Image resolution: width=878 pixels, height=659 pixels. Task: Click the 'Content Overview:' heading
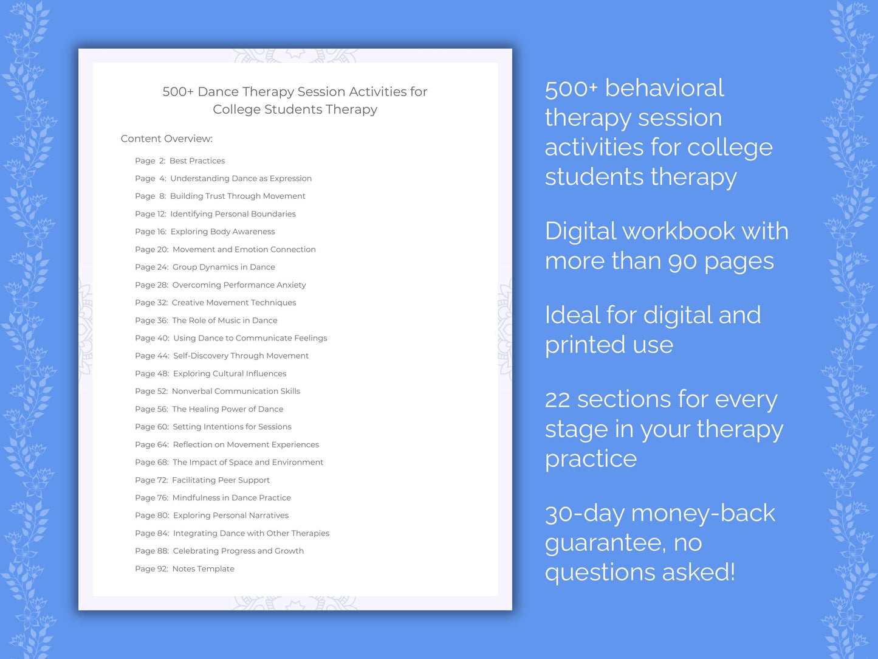(166, 139)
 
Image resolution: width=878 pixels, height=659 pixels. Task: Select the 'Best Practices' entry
(197, 160)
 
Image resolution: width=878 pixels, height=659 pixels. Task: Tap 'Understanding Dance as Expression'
(241, 178)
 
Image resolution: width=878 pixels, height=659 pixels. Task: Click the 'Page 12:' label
(150, 214)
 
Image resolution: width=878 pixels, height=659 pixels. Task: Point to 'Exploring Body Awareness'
(222, 232)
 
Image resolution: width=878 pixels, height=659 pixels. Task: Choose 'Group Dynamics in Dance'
(224, 267)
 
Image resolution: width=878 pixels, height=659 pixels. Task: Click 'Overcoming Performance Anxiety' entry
(239, 285)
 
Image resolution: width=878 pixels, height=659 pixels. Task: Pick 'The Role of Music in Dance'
(224, 320)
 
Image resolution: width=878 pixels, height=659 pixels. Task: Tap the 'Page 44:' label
(152, 356)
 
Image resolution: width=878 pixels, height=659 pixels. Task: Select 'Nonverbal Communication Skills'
(236, 391)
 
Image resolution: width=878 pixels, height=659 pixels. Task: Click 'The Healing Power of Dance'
(227, 409)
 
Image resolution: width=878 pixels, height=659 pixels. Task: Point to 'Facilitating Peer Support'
(221, 480)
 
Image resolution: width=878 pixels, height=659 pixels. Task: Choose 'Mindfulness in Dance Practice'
(232, 498)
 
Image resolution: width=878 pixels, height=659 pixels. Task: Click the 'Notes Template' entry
(203, 569)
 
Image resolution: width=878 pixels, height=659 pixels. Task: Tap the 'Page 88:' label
(152, 551)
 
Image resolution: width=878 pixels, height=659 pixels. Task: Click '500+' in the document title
(177, 92)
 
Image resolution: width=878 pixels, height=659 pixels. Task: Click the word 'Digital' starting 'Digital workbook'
(580, 232)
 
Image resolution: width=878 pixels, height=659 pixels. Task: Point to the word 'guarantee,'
(605, 543)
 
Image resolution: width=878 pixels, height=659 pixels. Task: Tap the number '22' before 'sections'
(557, 400)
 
